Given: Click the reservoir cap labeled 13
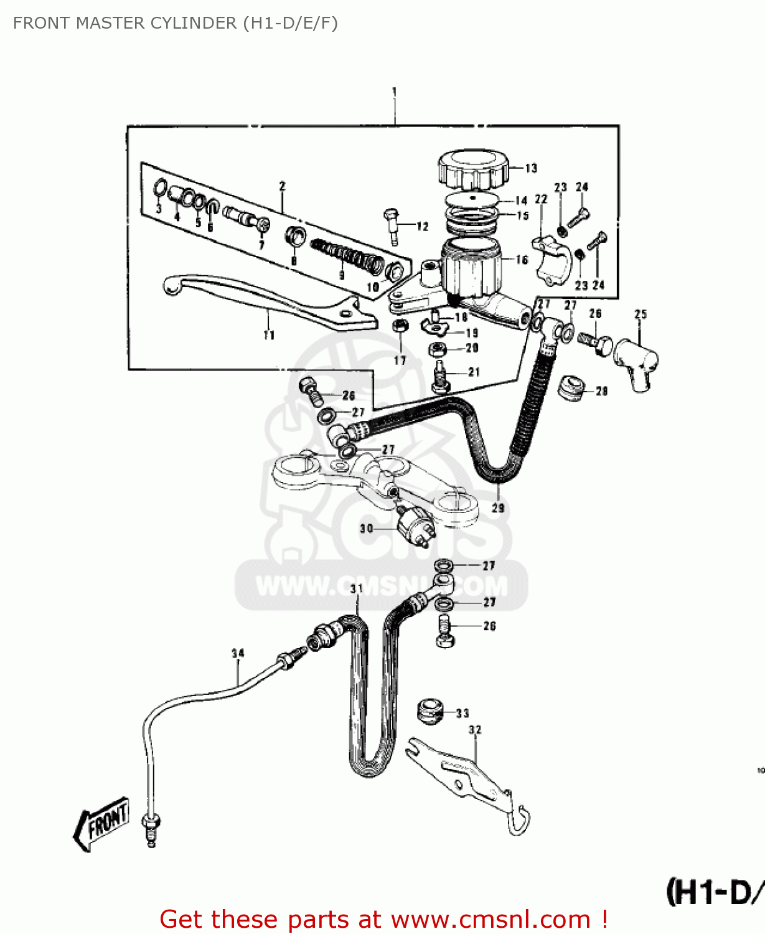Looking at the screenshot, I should point(473,169).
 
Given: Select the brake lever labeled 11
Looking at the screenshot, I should point(268,303).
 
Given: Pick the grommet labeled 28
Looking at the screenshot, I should point(570,388).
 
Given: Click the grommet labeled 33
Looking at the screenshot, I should point(430,710).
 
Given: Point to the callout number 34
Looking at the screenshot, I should point(238,653).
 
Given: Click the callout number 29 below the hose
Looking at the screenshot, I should point(498,508).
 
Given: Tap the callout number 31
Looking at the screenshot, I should point(356,588).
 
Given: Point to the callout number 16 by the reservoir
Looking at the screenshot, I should point(522,260).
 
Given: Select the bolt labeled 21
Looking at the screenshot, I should point(441,377).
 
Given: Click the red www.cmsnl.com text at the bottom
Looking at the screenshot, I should point(490,920).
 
